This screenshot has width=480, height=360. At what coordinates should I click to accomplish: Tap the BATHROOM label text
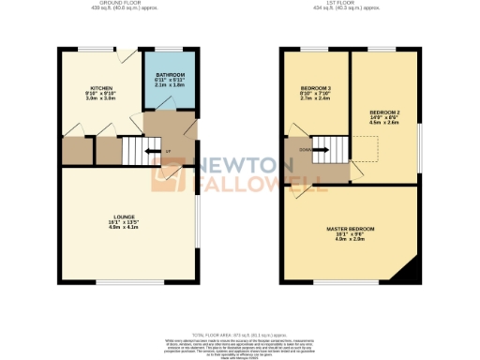(x=171, y=75)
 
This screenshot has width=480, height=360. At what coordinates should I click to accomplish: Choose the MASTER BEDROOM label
(x=351, y=230)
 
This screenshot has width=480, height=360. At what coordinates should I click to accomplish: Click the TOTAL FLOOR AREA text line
(x=239, y=335)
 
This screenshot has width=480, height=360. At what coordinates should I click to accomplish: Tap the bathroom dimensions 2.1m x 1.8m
(x=171, y=86)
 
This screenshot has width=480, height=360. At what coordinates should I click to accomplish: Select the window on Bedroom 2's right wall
(x=419, y=136)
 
